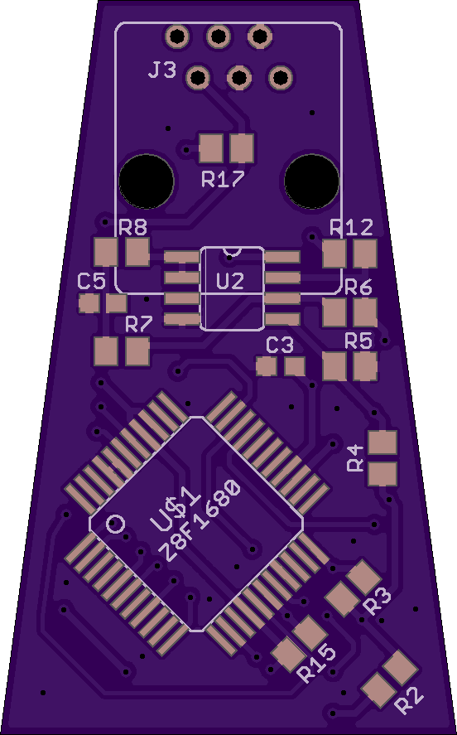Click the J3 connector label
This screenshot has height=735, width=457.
pyautogui.click(x=162, y=70)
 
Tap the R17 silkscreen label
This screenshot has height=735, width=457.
pyautogui.click(x=223, y=179)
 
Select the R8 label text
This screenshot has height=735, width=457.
pyautogui.click(x=133, y=227)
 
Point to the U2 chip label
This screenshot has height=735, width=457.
pyautogui.click(x=230, y=281)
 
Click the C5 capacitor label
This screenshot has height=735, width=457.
pyautogui.click(x=91, y=282)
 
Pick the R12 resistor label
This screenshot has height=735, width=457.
pyautogui.click(x=352, y=227)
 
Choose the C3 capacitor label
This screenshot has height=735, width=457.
pyautogui.click(x=280, y=346)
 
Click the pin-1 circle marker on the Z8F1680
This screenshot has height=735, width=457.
pyautogui.click(x=115, y=523)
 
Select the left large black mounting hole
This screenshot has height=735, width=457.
pyautogui.click(x=147, y=181)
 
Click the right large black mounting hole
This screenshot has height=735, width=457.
pyautogui.click(x=312, y=181)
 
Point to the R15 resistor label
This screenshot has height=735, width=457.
pyautogui.click(x=317, y=664)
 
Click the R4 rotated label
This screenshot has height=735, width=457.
pyautogui.click(x=356, y=458)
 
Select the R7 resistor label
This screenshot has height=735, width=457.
pyautogui.click(x=139, y=324)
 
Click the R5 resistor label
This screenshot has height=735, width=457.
pyautogui.click(x=358, y=341)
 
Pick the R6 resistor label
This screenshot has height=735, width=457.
pyautogui.click(x=358, y=287)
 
